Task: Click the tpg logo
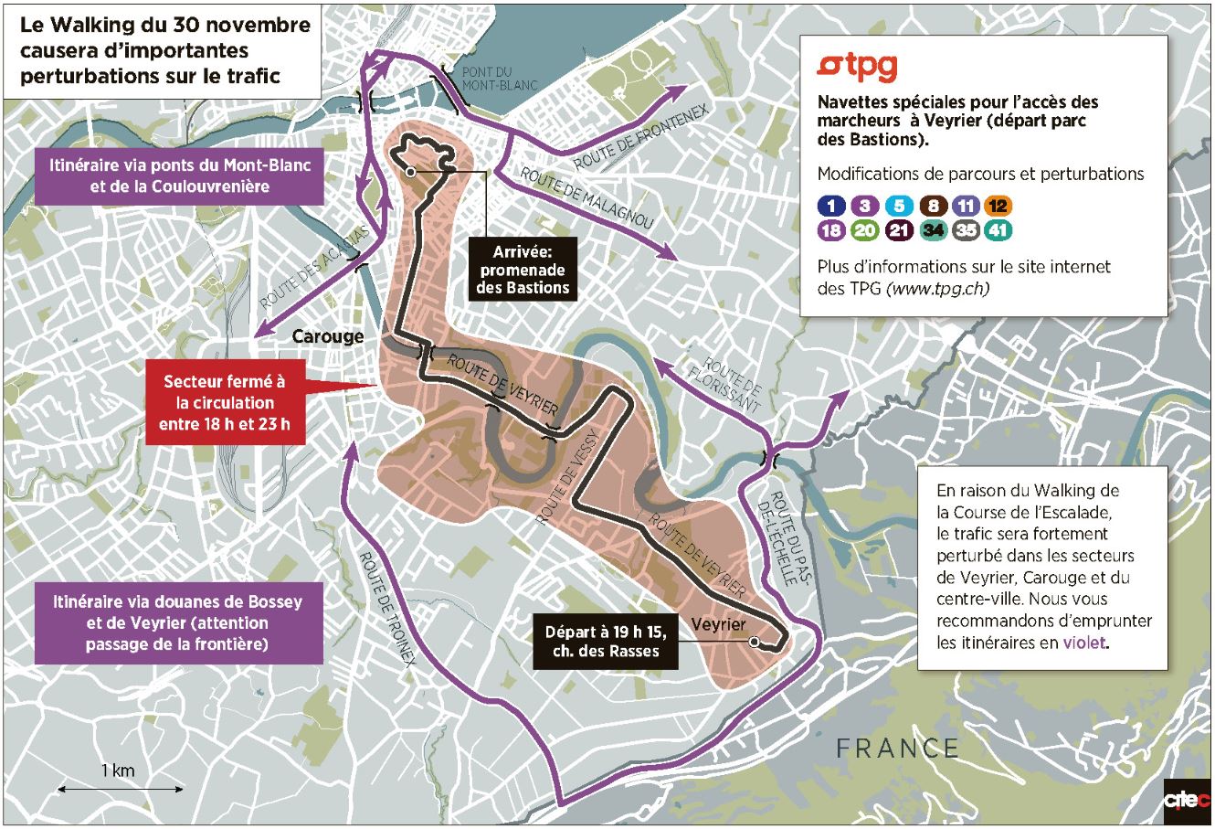(857, 67)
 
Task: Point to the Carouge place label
(327, 336)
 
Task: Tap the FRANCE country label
(897, 749)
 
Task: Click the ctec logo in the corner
(1185, 802)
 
